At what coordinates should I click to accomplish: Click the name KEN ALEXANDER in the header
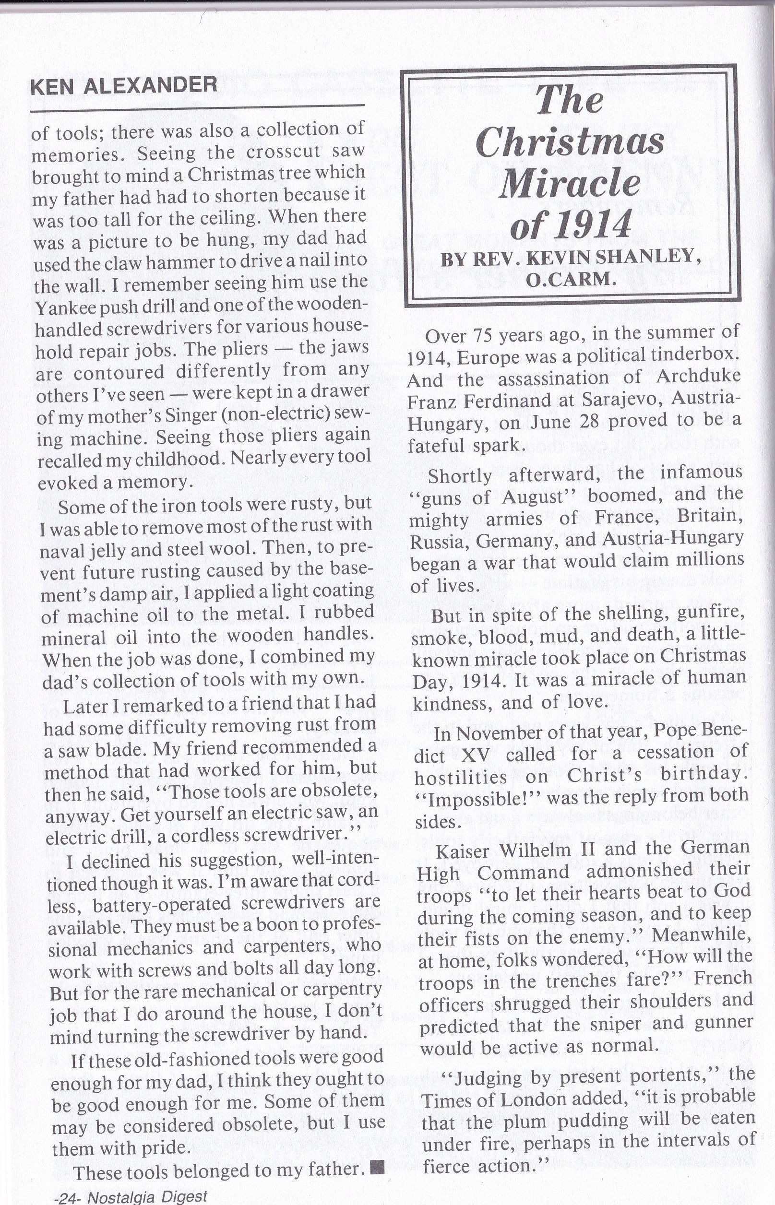click(x=124, y=86)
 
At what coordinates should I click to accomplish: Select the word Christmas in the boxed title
click(x=570, y=142)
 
